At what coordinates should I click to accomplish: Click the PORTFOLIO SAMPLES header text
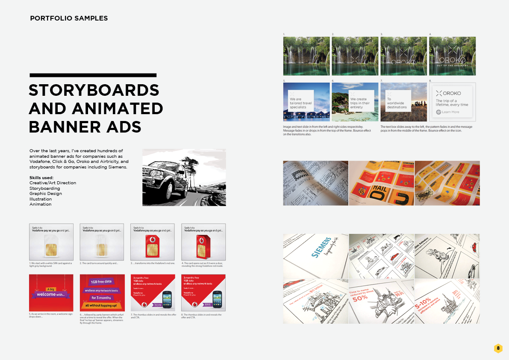pyautogui.click(x=69, y=18)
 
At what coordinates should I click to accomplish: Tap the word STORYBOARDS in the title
pyautogui.click(x=94, y=90)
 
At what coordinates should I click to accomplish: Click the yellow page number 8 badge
pyautogui.click(x=498, y=348)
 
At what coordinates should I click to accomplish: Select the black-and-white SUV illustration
pyautogui.click(x=184, y=177)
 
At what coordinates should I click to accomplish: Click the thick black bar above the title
pyautogui.click(x=93, y=75)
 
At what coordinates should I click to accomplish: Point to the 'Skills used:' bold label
pyautogui.click(x=41, y=177)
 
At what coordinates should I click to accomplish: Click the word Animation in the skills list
pyautogui.click(x=40, y=204)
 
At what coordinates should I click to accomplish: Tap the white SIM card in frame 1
pyautogui.click(x=51, y=245)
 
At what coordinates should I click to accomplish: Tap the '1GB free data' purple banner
pyautogui.click(x=101, y=282)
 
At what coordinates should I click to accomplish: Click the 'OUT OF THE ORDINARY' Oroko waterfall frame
pyautogui.click(x=452, y=56)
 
